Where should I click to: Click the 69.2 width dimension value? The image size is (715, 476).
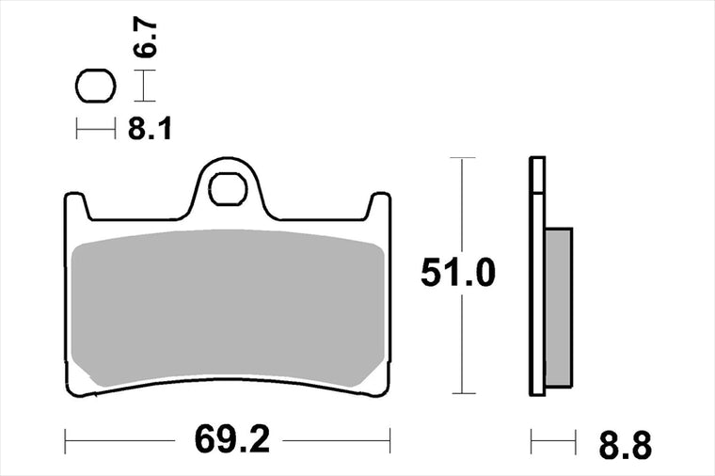(232, 439)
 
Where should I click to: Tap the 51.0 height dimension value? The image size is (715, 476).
(457, 272)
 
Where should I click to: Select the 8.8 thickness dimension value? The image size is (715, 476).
(626, 445)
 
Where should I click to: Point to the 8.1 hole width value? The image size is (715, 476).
(150, 128)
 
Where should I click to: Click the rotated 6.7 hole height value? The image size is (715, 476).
(145, 37)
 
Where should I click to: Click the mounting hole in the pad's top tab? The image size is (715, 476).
(228, 189)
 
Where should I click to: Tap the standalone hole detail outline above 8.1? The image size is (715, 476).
(96, 86)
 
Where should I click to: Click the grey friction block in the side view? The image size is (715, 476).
(559, 308)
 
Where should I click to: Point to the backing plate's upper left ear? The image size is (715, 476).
(75, 205)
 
